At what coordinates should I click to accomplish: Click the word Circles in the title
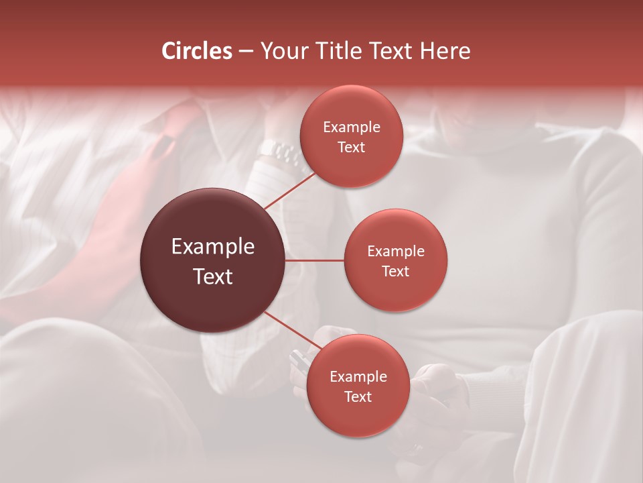point(197,51)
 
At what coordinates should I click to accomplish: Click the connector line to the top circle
point(289,191)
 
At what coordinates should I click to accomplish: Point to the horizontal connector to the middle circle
point(315,260)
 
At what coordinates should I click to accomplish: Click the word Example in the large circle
point(213,247)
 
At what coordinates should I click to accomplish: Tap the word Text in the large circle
point(213,276)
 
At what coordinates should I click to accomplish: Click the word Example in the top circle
point(352,127)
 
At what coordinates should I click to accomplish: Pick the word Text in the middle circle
point(395,271)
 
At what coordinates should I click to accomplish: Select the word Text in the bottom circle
point(358,396)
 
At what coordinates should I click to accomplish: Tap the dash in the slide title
point(246,52)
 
